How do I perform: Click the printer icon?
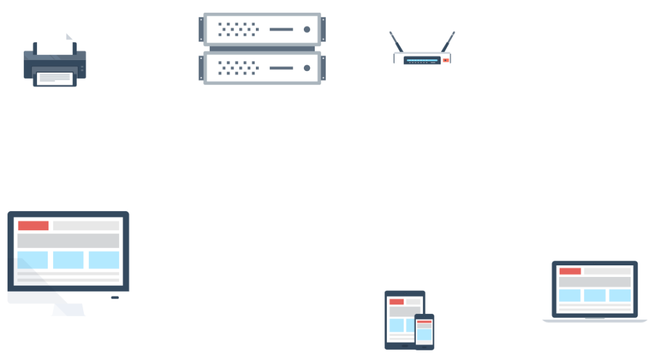click(55, 62)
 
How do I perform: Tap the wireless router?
click(422, 59)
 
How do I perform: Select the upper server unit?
click(262, 29)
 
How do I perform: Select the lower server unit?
click(262, 68)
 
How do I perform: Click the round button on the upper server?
click(307, 29)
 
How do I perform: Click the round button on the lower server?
click(307, 68)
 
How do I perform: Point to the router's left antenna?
click(397, 42)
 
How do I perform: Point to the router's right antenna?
click(447, 42)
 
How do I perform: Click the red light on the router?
click(446, 60)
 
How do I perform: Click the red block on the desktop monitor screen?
click(33, 226)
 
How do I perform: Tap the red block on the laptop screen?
click(570, 271)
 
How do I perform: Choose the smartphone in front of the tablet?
click(424, 331)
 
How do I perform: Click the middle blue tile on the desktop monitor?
click(68, 260)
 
